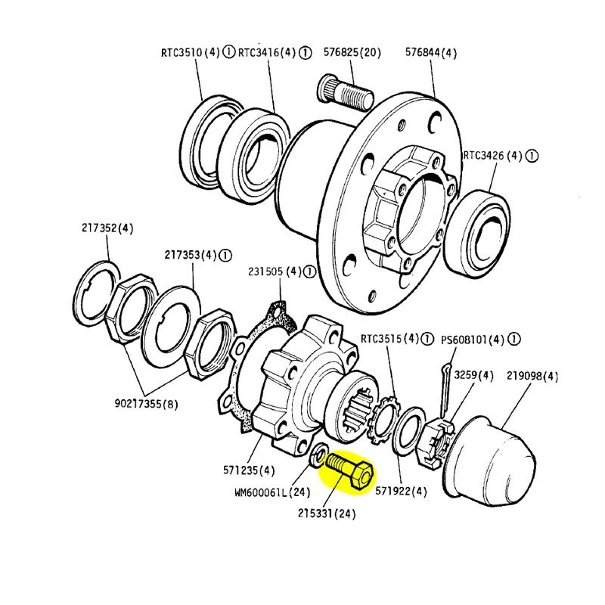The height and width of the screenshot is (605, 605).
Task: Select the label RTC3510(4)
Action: (190, 53)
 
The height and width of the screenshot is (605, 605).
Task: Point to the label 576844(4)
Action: (431, 53)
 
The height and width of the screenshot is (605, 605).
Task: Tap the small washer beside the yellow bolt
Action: (320, 456)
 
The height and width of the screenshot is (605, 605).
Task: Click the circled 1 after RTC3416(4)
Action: (304, 53)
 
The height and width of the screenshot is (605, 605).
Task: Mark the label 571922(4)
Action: (401, 490)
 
